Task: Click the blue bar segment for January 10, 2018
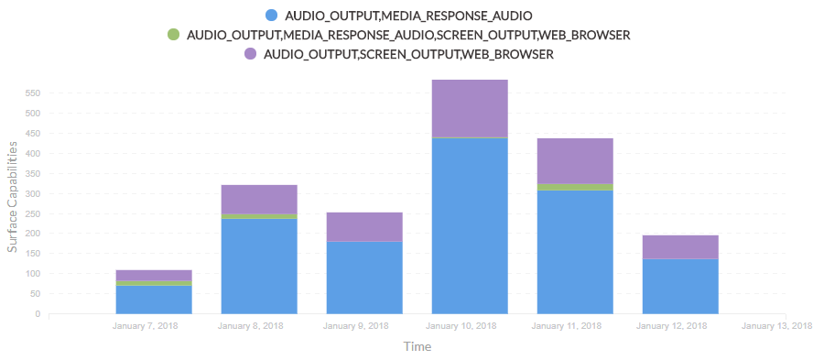coord(470,225)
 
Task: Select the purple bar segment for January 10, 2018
coord(470,108)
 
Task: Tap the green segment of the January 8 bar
coord(259,216)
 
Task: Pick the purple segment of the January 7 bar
coord(154,276)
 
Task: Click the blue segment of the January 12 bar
coord(680,287)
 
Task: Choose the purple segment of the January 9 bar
coord(364,226)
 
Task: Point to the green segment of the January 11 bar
coord(575,187)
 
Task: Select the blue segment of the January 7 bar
coord(154,300)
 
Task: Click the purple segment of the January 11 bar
coord(575,161)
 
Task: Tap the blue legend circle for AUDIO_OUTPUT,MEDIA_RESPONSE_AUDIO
coord(271,15)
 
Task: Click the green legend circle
coord(173,35)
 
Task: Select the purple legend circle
coord(251,53)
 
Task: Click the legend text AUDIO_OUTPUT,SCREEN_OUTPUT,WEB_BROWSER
coord(409,54)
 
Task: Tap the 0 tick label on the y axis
coord(38,314)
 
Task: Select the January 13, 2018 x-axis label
coord(776,326)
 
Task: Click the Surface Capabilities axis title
coord(12,197)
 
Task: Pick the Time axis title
coord(417,346)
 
